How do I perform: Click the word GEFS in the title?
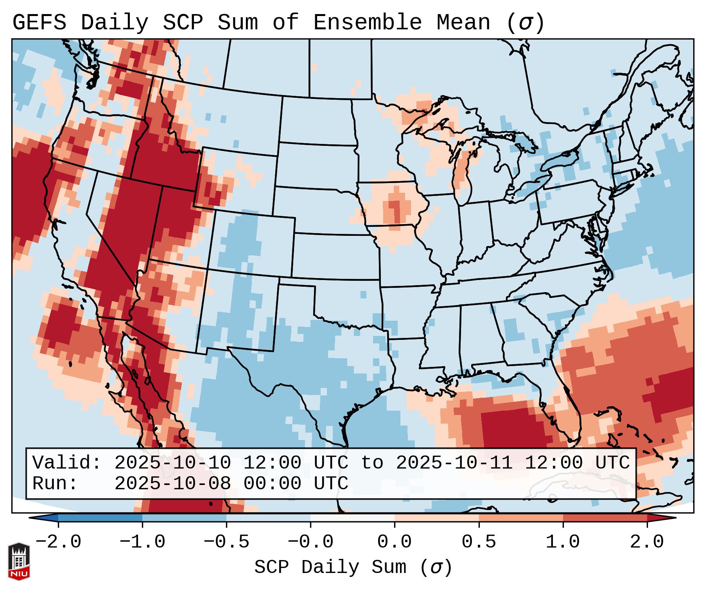click(x=39, y=23)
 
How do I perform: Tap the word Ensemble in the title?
click(x=367, y=23)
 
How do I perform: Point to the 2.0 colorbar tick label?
click(x=647, y=542)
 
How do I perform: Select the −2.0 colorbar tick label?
click(x=58, y=542)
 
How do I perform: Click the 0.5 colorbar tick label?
click(x=479, y=542)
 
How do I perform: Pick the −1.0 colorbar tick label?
click(x=142, y=542)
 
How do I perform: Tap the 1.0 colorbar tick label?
click(x=563, y=542)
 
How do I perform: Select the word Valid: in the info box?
click(x=67, y=463)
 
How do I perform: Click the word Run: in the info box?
click(x=55, y=483)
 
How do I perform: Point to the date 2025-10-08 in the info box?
click(x=172, y=483)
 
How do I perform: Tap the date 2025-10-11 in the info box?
click(x=454, y=463)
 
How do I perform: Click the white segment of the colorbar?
click(x=352, y=518)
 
